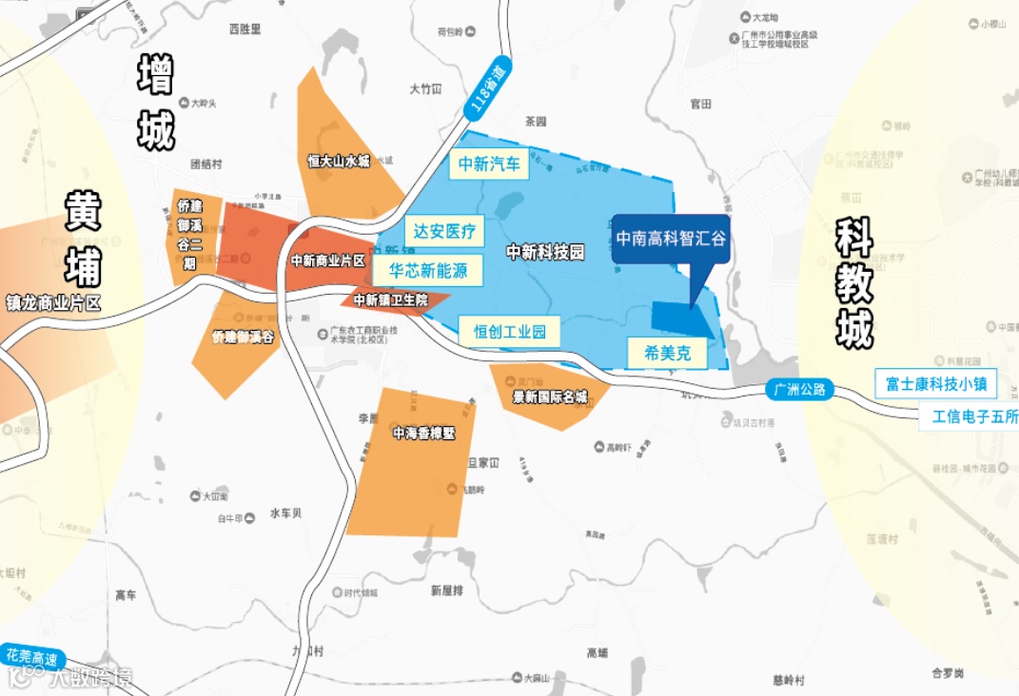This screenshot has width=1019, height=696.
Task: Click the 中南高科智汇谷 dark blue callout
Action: pyautogui.click(x=670, y=238)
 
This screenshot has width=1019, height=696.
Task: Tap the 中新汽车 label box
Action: pyautogui.click(x=488, y=164)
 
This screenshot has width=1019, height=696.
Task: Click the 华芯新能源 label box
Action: pyautogui.click(x=428, y=270)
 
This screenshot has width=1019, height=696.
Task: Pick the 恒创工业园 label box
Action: pyautogui.click(x=509, y=331)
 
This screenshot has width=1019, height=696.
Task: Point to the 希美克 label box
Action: pyautogui.click(x=667, y=353)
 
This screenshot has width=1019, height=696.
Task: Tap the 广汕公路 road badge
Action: pyautogui.click(x=800, y=389)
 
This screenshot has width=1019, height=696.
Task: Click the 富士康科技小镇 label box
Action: pyautogui.click(x=935, y=383)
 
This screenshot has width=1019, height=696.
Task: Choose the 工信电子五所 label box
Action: pyautogui.click(x=969, y=416)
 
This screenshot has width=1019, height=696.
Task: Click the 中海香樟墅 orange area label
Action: pyautogui.click(x=424, y=433)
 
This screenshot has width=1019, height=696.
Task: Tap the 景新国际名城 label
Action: pyautogui.click(x=550, y=396)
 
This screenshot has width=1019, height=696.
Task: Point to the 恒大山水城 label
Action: pyautogui.click(x=338, y=162)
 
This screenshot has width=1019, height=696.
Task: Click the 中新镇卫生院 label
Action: pyautogui.click(x=390, y=300)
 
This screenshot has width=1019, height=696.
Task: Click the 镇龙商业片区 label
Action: pyautogui.click(x=52, y=304)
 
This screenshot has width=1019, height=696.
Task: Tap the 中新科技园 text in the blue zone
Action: pyautogui.click(x=544, y=252)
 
